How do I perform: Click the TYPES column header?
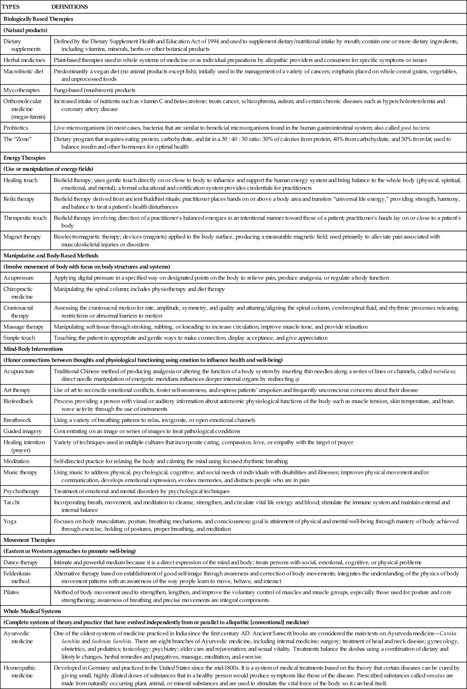pos(11,6)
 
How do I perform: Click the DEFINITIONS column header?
pos(69,6)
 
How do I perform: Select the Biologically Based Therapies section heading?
pos(38,19)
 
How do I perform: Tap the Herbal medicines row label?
pos(24,60)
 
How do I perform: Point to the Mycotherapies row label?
pos(21,90)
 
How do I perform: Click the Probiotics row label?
pos(16,128)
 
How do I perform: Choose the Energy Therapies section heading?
pos(24,158)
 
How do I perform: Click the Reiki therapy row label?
pos(19,199)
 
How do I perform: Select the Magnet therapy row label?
pos(22,237)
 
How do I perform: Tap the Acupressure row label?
pos(19,278)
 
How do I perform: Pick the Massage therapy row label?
pos(23,327)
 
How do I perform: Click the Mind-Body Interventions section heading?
pos(33,349)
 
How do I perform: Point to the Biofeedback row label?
pos(18,401)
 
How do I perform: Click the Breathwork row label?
pos(17,420)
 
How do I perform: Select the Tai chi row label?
pos(12,502)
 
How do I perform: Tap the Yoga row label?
pos(10,521)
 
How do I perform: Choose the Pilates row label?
pos(12,592)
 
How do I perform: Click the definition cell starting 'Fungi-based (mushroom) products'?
pos(95,90)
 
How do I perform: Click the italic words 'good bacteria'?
pos(415,128)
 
